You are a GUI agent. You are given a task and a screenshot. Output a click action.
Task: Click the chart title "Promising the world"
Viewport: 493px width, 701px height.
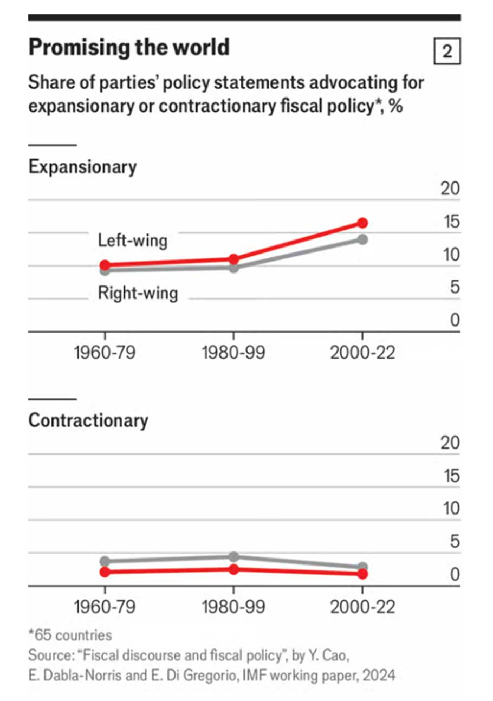[x=129, y=48]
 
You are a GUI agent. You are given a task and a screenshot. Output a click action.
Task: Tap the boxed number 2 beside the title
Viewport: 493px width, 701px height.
[x=447, y=52]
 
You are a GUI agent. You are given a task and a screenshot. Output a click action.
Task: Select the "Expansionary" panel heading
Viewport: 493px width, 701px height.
[x=82, y=167]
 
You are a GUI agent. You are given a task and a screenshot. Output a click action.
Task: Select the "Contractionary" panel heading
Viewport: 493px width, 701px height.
[x=88, y=421]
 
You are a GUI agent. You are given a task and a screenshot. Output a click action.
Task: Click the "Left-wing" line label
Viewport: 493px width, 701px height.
[x=133, y=240]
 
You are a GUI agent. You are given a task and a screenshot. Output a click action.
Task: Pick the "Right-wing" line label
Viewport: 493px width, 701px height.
[x=138, y=293]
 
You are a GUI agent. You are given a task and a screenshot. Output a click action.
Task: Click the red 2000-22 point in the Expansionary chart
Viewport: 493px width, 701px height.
[x=362, y=223]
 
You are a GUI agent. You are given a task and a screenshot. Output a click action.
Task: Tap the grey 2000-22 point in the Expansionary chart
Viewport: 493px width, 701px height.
[x=362, y=239]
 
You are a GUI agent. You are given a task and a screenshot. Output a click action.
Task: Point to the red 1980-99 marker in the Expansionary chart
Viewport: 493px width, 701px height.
[x=233, y=259]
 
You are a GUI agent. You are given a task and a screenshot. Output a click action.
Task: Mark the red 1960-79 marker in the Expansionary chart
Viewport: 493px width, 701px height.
[x=105, y=265]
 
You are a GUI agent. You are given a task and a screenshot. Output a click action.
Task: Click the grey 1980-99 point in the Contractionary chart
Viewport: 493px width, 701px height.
[x=233, y=557]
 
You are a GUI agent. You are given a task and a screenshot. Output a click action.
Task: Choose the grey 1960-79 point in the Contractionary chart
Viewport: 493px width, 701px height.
[x=105, y=561]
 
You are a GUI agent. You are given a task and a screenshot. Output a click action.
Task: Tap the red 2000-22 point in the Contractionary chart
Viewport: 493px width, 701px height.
[x=362, y=574]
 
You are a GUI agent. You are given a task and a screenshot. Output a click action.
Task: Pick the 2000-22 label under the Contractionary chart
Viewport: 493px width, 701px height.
[x=362, y=607]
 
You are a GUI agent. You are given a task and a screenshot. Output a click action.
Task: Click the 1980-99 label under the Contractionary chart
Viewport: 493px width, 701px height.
[x=233, y=607]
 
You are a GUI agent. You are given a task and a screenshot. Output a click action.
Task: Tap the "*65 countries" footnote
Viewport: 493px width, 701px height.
[x=70, y=634]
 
